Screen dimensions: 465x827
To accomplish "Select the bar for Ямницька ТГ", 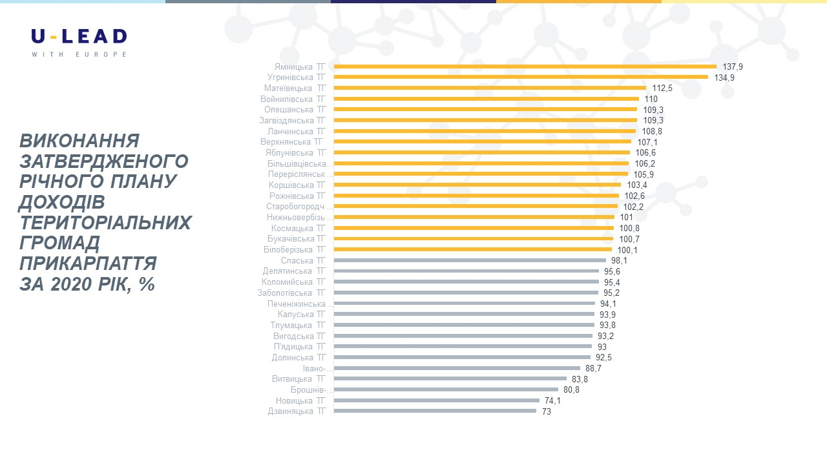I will (525, 67).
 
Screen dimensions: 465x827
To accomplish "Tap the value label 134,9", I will (724, 77).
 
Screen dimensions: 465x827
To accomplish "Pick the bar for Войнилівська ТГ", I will (486, 99).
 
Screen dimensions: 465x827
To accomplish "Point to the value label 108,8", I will (652, 131).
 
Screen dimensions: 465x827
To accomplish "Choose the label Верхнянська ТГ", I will (293, 141).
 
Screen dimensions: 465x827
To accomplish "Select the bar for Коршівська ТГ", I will (477, 185).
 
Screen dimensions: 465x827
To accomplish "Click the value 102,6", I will (634, 196).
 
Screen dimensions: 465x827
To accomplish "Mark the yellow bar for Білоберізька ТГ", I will (472, 249).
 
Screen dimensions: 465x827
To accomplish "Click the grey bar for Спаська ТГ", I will (470, 260).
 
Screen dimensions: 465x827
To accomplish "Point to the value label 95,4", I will (612, 282).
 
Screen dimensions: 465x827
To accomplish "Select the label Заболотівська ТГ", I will (291, 293).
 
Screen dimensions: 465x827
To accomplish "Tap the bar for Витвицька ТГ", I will (450, 378).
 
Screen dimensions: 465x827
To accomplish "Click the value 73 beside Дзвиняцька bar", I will (546, 411).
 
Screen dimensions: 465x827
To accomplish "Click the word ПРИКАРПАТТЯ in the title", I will (88, 263).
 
